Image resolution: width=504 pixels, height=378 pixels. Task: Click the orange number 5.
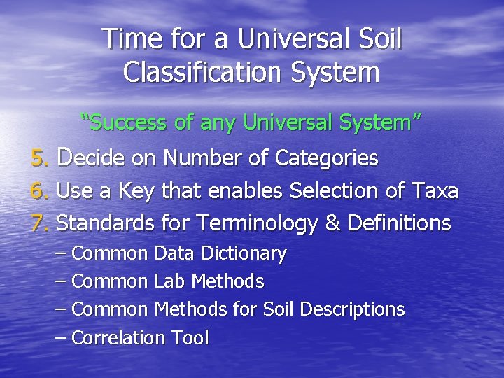39,159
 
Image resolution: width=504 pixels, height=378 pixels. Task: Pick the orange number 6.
39,191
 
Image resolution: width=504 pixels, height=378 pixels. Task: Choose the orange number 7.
39,223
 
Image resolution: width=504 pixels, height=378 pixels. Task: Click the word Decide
92,158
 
